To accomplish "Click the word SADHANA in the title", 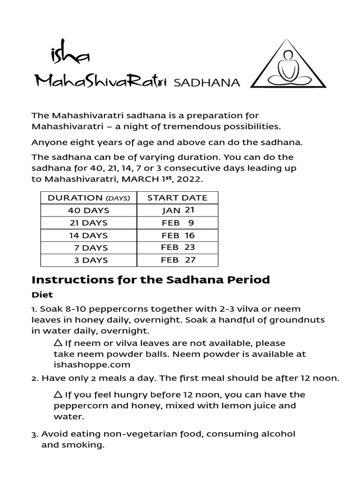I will [x=207, y=83].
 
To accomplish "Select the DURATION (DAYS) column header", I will [x=88, y=198].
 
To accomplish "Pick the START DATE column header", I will [x=177, y=198].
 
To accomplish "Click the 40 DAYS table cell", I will [x=88, y=210].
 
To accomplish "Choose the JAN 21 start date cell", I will [x=178, y=210].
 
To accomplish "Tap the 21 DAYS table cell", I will [x=88, y=223].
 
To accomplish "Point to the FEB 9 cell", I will [x=178, y=223].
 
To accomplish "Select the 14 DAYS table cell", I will [x=88, y=235].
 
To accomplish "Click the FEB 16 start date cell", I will [x=178, y=235].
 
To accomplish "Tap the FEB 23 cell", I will [x=178, y=247].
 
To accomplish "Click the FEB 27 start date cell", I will [x=178, y=260].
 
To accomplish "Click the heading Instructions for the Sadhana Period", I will [x=150, y=280].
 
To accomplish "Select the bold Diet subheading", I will [x=42, y=295].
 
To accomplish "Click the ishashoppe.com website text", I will [x=91, y=364].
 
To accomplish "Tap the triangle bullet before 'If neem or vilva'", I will [x=58, y=343].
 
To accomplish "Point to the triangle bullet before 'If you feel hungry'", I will [x=58, y=394].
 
